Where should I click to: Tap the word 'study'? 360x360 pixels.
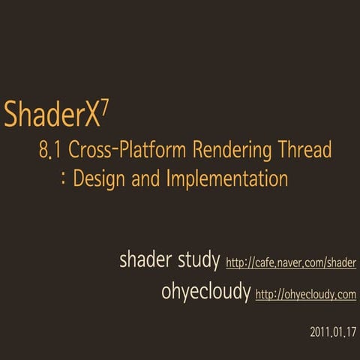197,262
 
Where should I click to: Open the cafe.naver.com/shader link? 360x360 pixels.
290,263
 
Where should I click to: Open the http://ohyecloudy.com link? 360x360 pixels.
305,295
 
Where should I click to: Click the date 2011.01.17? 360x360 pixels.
332,331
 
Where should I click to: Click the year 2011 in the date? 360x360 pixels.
318,331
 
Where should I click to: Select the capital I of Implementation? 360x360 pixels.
178,180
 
